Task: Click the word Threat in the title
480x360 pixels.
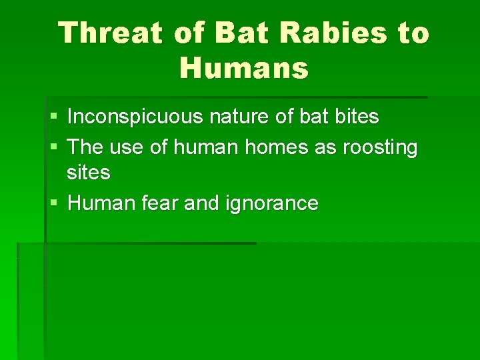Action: pos(110,33)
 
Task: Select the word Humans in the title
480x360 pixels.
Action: pos(244,67)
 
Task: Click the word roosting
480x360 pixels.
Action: pos(380,147)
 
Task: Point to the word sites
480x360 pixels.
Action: pos(88,173)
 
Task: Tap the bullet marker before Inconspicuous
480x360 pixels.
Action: pos(53,118)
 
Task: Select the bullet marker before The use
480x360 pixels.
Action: pos(53,147)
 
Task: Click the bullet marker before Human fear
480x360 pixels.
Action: pos(53,203)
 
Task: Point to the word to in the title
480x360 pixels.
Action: pos(413,33)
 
